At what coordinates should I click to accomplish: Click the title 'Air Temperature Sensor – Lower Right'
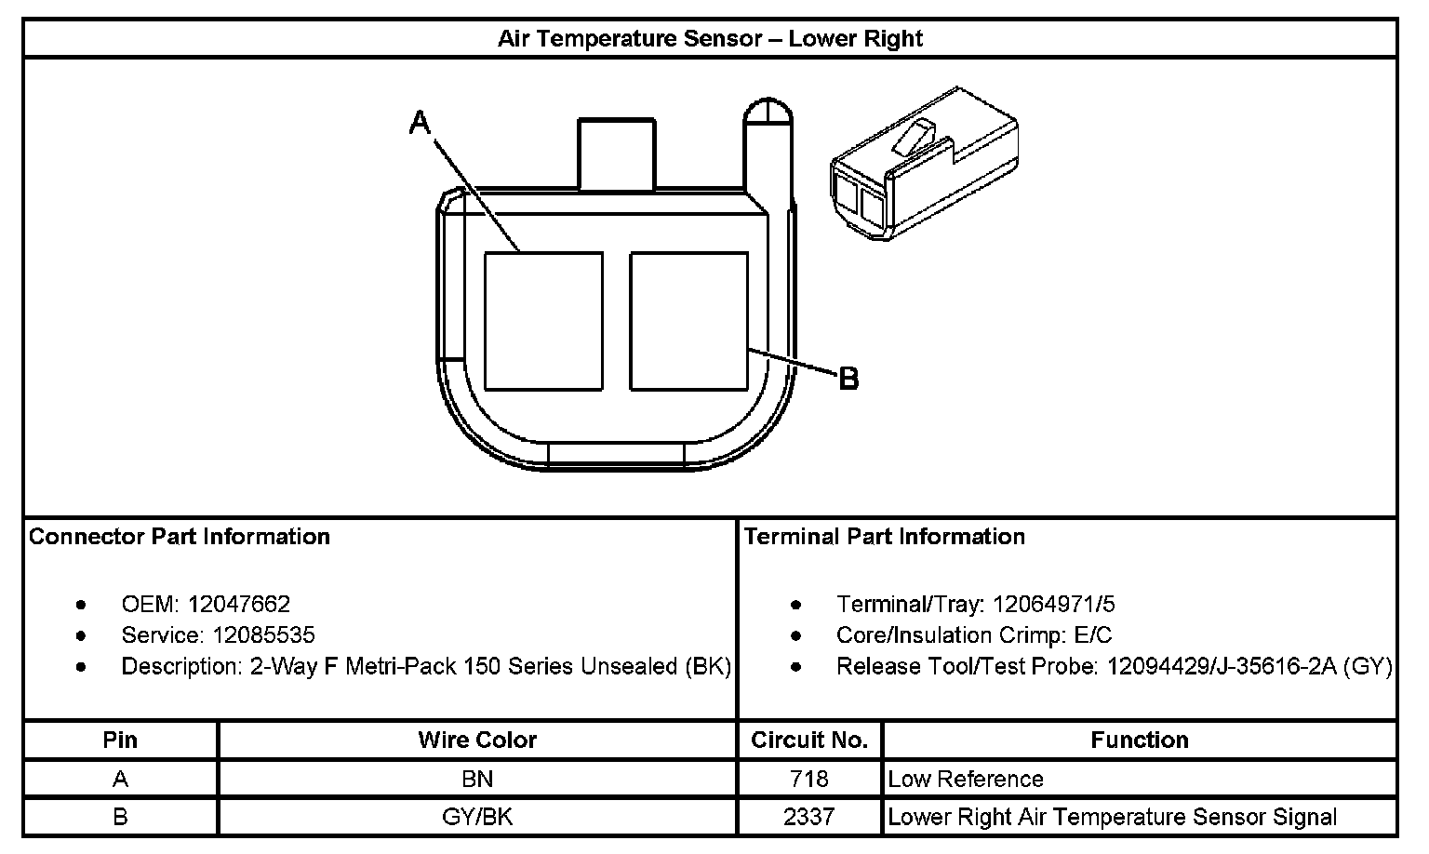click(x=710, y=39)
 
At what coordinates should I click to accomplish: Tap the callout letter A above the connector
click(x=421, y=122)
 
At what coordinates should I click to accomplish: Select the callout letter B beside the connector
click(x=848, y=379)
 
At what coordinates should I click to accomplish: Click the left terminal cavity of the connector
click(x=543, y=321)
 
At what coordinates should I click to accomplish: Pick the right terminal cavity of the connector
click(x=688, y=321)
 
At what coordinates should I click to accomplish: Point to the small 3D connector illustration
click(x=924, y=165)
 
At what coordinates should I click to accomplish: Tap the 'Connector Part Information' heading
click(x=180, y=537)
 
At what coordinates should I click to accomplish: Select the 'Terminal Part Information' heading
click(x=884, y=537)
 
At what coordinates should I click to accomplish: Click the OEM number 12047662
click(x=239, y=605)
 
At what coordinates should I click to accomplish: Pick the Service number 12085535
click(x=263, y=635)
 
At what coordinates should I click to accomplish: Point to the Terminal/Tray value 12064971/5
click(x=1053, y=605)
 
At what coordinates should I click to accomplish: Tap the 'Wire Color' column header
click(x=477, y=741)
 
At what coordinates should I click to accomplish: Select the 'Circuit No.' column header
click(x=809, y=741)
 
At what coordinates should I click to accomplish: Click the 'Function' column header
click(x=1140, y=741)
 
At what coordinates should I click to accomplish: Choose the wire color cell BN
click(x=477, y=779)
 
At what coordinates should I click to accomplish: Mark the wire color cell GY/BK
click(x=477, y=818)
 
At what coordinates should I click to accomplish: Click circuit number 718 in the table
click(x=808, y=779)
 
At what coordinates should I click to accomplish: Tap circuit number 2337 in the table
click(x=808, y=818)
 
